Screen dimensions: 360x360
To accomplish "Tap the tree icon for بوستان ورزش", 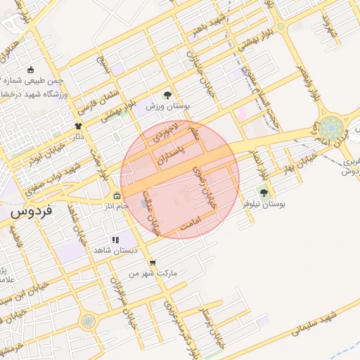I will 167,95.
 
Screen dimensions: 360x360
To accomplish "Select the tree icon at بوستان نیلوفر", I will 264,192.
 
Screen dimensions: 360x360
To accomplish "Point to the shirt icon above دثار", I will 78,126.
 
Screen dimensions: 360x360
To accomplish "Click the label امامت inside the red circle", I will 190,225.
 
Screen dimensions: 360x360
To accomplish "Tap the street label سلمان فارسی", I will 91,98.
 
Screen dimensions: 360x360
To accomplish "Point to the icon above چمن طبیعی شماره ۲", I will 30,70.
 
